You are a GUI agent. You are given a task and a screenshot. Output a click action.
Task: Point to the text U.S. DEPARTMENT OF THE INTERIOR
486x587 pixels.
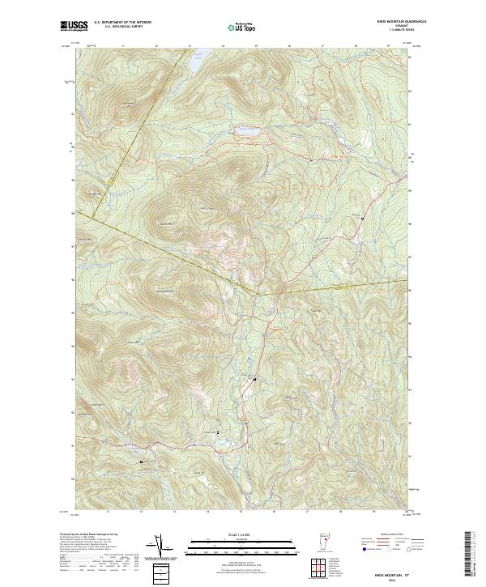tap(122, 22)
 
